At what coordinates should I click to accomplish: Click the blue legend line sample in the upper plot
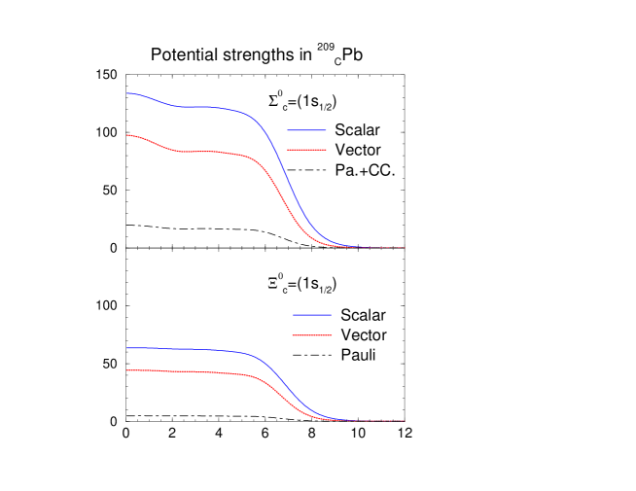306,130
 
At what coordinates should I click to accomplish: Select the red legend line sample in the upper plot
306,150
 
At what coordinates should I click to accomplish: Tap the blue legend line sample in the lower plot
311,315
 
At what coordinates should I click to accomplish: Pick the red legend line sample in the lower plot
311,335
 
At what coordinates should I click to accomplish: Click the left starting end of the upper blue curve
127,93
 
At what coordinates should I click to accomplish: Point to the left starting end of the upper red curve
127,135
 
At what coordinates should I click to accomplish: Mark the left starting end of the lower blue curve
127,348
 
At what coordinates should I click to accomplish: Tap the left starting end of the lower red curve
127,370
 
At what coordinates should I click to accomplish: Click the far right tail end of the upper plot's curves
403,247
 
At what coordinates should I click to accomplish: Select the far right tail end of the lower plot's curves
403,420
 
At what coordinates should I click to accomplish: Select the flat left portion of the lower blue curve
175,348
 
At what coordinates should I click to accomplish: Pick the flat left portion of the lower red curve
175,371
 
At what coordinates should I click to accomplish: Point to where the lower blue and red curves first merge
340,419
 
